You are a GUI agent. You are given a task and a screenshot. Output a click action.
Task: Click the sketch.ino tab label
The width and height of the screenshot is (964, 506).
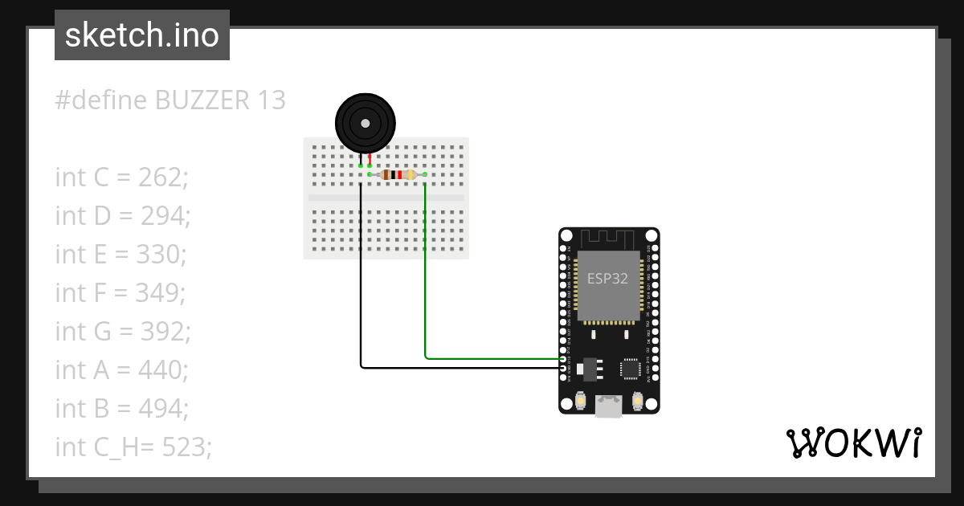coord(141,36)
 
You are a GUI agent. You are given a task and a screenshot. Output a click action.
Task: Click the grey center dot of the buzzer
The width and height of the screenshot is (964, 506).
coord(366,124)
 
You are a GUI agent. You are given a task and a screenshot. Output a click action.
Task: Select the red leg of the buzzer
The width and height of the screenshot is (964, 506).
coord(370,158)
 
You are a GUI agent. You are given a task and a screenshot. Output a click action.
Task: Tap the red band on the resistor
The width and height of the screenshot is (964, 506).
coord(399,174)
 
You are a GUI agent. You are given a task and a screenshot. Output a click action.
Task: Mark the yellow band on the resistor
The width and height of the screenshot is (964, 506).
coord(411,174)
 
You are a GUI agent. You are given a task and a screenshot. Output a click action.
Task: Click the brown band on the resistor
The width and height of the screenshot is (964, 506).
coord(387,174)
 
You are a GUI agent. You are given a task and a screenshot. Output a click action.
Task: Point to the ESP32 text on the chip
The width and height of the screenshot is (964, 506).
coord(608,280)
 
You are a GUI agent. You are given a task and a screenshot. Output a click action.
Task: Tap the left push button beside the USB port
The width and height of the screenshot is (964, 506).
coord(580,400)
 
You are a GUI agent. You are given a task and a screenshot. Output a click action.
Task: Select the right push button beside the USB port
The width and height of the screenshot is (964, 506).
coord(638,400)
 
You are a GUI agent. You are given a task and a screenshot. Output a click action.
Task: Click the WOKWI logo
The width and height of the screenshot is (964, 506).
coord(853,443)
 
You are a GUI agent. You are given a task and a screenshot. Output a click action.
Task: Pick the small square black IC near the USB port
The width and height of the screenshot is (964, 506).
coord(631,369)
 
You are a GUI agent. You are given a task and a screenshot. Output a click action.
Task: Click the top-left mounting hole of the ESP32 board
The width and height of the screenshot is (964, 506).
coord(566,236)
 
